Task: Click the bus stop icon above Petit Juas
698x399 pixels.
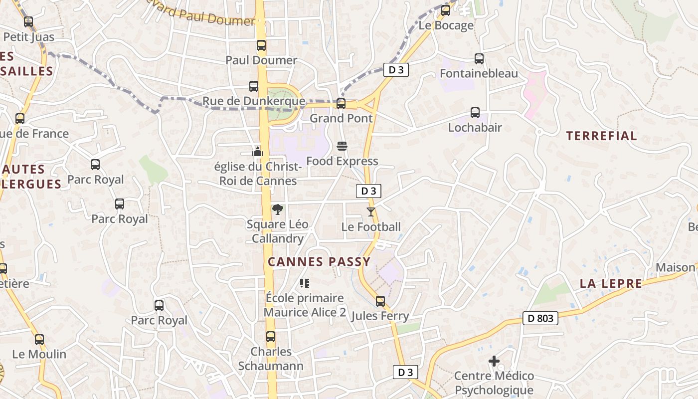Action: pyautogui.click(x=28, y=22)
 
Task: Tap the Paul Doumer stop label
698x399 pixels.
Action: pyautogui.click(x=261, y=60)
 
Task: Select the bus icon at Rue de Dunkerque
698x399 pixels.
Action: pyautogui.click(x=254, y=86)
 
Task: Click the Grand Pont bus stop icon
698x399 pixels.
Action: pyautogui.click(x=341, y=104)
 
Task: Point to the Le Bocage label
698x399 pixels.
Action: pyautogui.click(x=446, y=25)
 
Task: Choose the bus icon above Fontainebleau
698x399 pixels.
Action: pyautogui.click(x=479, y=59)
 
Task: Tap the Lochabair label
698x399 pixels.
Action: pyautogui.click(x=475, y=127)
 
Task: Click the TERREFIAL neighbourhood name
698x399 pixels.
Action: pyautogui.click(x=601, y=136)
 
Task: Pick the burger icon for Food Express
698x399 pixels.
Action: pyautogui.click(x=342, y=146)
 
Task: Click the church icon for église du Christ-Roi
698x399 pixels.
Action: pyautogui.click(x=258, y=151)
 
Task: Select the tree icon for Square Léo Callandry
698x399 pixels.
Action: pyautogui.click(x=278, y=209)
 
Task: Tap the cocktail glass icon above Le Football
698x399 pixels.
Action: pyautogui.click(x=371, y=212)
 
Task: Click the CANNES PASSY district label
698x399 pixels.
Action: pyautogui.click(x=319, y=262)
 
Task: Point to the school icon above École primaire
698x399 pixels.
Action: pyautogui.click(x=305, y=283)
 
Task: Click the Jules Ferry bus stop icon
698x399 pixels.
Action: pyautogui.click(x=380, y=301)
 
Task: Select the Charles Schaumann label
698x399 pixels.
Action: pyautogui.click(x=271, y=359)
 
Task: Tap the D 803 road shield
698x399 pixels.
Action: pyautogui.click(x=540, y=318)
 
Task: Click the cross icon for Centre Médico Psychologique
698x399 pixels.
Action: pyautogui.click(x=494, y=361)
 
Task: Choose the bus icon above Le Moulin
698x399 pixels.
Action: pyautogui.click(x=39, y=340)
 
